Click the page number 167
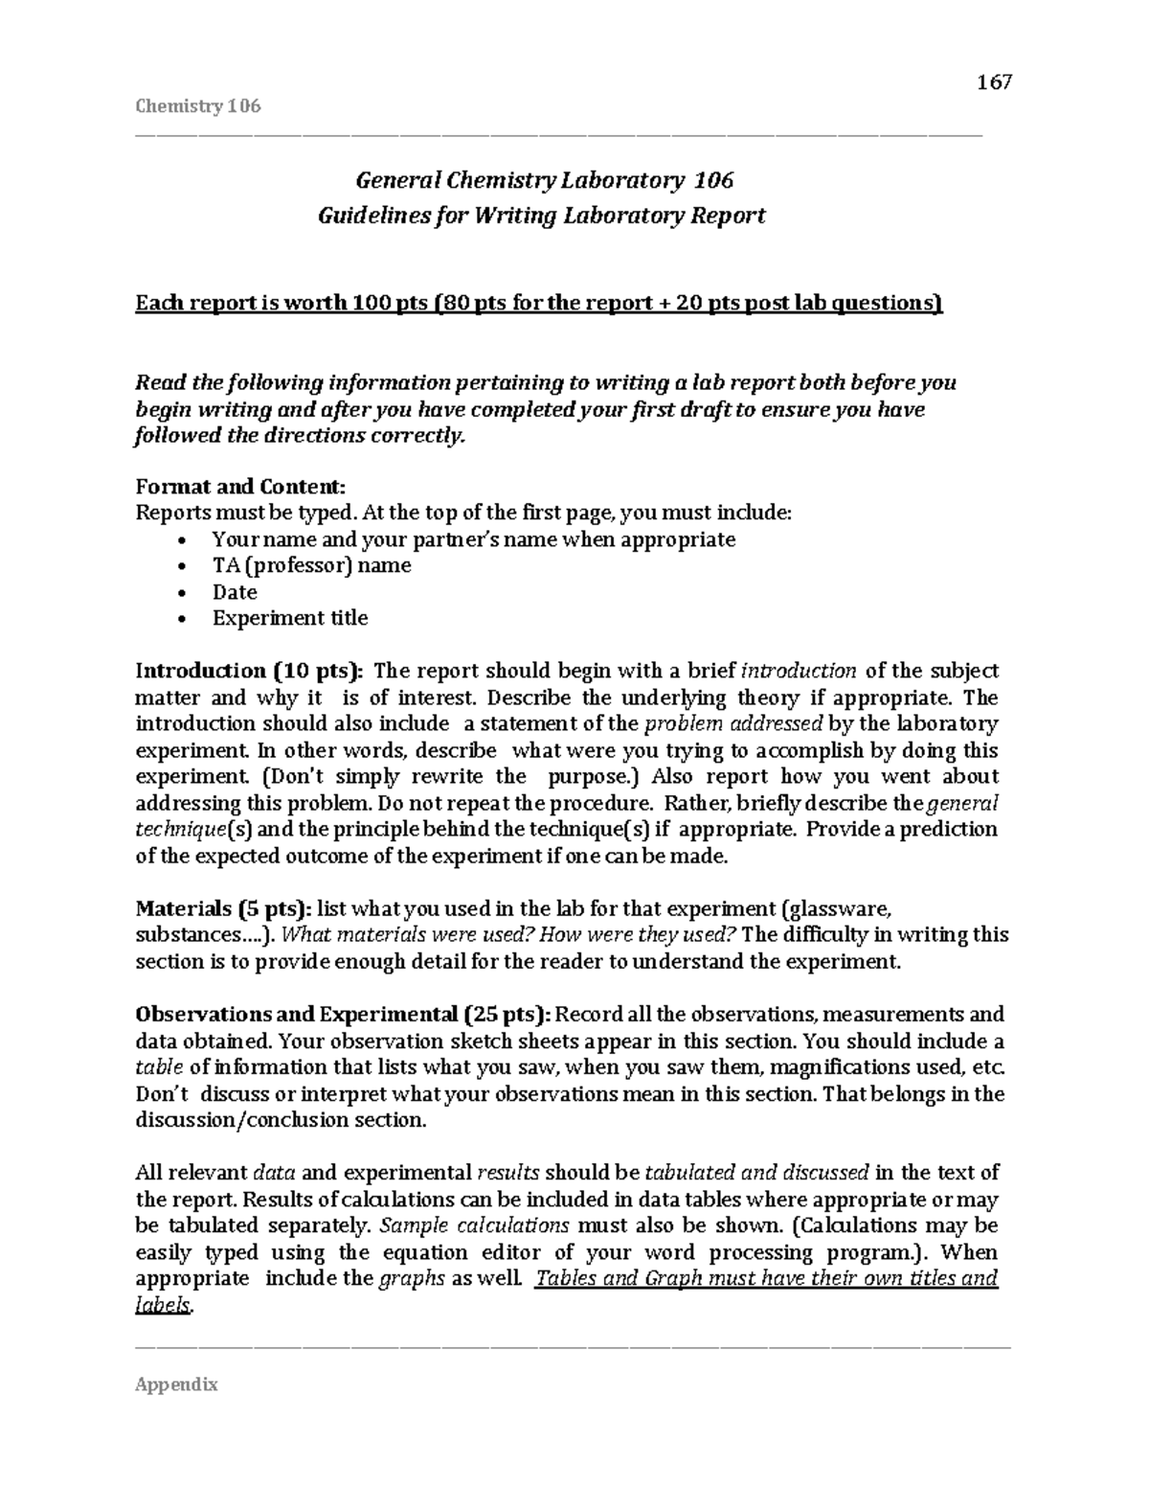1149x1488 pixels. (994, 82)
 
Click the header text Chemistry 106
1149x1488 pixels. (198, 106)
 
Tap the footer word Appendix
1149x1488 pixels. (177, 1385)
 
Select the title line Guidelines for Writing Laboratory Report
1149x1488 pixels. (541, 216)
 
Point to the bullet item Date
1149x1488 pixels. (235, 592)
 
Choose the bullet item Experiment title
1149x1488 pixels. (290, 618)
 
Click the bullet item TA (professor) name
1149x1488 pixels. (311, 565)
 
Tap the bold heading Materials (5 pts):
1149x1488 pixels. (223, 908)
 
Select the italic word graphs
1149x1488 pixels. (413, 1278)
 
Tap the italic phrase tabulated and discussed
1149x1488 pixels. (756, 1173)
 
